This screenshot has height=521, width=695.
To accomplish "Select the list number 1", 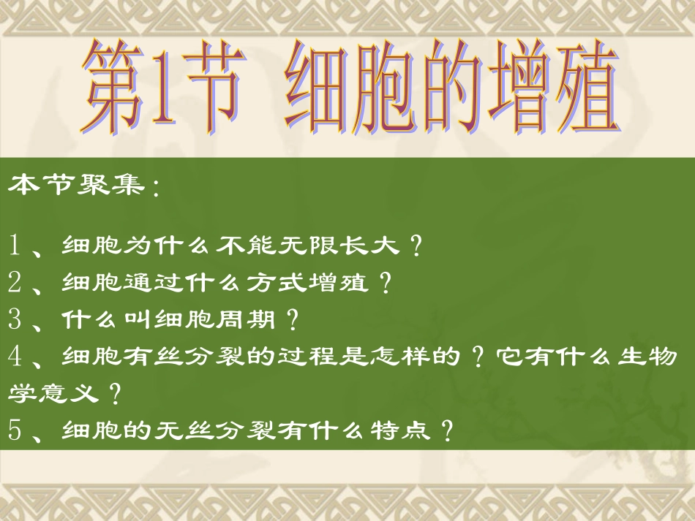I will (x=17, y=246).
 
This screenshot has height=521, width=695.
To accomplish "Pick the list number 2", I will (x=17, y=281).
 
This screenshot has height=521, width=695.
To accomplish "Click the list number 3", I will (x=17, y=319).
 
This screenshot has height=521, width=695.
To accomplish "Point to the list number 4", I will (x=17, y=357).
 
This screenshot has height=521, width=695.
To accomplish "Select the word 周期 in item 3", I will (x=249, y=319).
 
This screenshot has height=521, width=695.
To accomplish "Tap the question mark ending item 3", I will (x=293, y=319).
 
